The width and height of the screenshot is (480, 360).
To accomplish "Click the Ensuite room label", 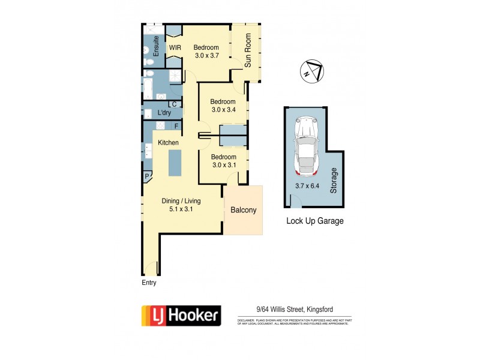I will point(156,47).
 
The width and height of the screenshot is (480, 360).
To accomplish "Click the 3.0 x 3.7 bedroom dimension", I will point(206,56).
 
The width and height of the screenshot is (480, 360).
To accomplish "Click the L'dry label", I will point(164,113).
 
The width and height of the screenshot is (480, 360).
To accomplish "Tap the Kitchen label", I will point(168,143).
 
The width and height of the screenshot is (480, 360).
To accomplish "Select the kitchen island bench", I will point(175,163).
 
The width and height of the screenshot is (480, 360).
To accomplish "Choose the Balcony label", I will point(244,210).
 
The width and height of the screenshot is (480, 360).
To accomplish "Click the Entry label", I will point(149,283).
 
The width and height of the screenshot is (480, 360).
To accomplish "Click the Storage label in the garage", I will point(334,181).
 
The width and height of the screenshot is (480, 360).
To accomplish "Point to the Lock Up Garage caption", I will point(314,221).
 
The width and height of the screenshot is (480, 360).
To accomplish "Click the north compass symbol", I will point(311,70).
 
